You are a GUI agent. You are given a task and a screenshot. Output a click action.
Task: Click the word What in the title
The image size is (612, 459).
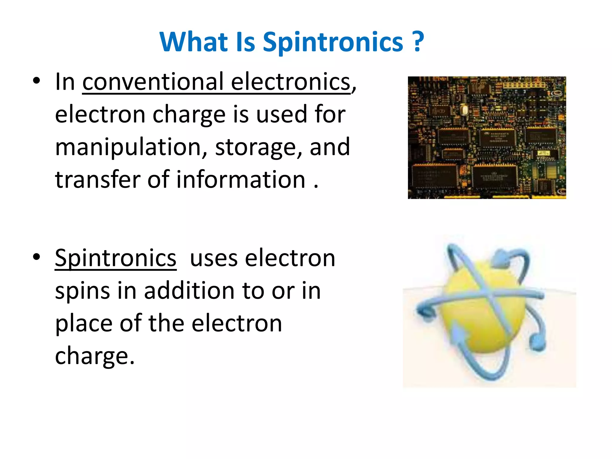pos(194,42)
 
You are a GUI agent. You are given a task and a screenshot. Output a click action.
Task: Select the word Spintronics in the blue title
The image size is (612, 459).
pos(333,42)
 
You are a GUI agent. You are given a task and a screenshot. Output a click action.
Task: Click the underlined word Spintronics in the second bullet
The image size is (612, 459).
pos(116,258)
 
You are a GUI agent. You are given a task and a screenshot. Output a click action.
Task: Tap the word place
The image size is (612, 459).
pos(84,324)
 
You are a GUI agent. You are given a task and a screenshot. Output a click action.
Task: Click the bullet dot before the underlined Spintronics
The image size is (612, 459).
pos(36,257)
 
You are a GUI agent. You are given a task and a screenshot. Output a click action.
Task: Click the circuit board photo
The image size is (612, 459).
pos(487,137)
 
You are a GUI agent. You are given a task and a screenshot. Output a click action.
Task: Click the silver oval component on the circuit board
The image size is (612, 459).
pos(464,110)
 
